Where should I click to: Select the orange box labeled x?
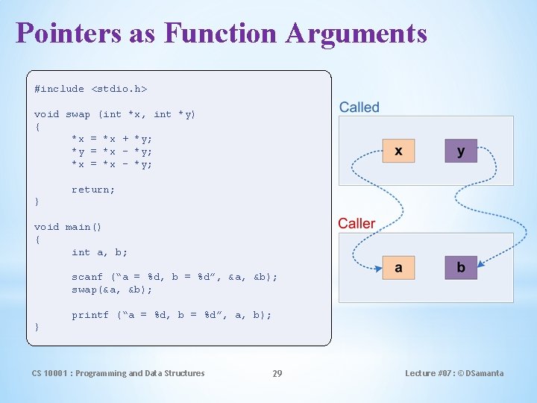(x=398, y=151)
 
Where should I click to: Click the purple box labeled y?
(x=461, y=151)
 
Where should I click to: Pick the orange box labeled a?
(x=398, y=268)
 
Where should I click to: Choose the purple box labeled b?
(x=461, y=268)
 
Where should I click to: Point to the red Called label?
(x=359, y=107)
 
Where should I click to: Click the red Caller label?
(x=357, y=224)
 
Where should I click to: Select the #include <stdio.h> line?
(x=90, y=89)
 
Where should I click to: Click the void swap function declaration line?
(x=115, y=114)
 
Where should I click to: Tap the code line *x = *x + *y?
(x=112, y=139)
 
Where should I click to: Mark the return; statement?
(x=93, y=190)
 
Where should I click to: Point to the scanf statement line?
(x=175, y=277)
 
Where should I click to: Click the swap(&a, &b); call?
(x=112, y=290)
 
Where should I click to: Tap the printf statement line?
(x=172, y=315)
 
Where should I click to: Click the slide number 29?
(x=277, y=373)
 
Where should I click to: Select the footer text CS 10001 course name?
(x=118, y=373)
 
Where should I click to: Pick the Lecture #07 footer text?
(x=454, y=373)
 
